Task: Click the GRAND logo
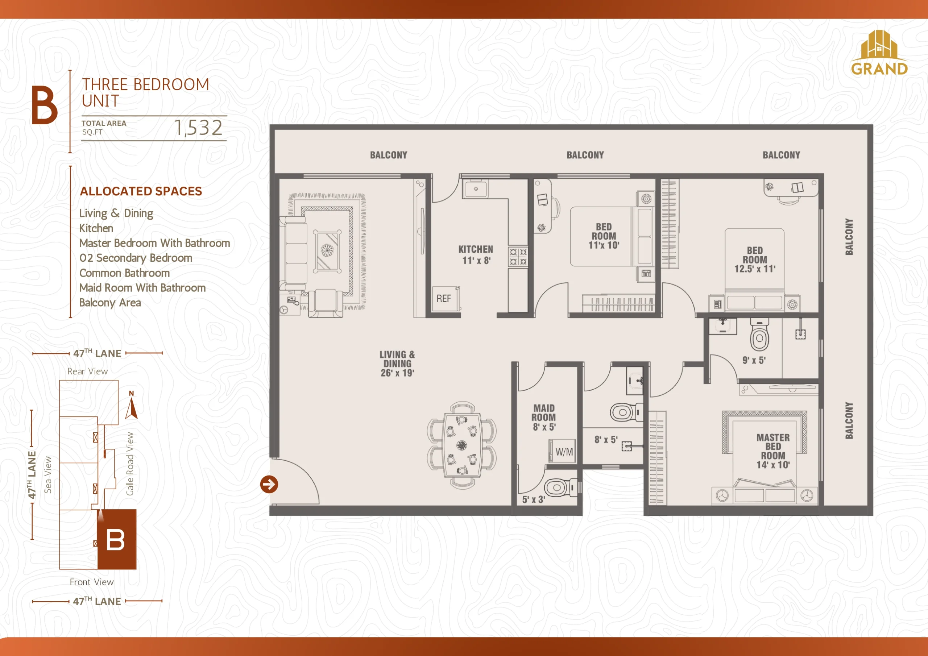[879, 53]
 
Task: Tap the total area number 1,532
[198, 128]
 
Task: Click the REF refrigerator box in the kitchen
[446, 299]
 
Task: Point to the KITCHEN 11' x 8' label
[476, 255]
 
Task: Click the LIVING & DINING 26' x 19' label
[397, 364]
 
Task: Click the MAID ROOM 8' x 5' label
[544, 417]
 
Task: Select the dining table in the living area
[462, 445]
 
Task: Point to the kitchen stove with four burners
[518, 257]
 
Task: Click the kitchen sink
[476, 189]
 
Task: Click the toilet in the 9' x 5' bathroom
[759, 334]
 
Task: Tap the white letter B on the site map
[115, 540]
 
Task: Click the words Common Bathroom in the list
[124, 273]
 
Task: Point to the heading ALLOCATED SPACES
[141, 191]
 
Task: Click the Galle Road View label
[129, 464]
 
